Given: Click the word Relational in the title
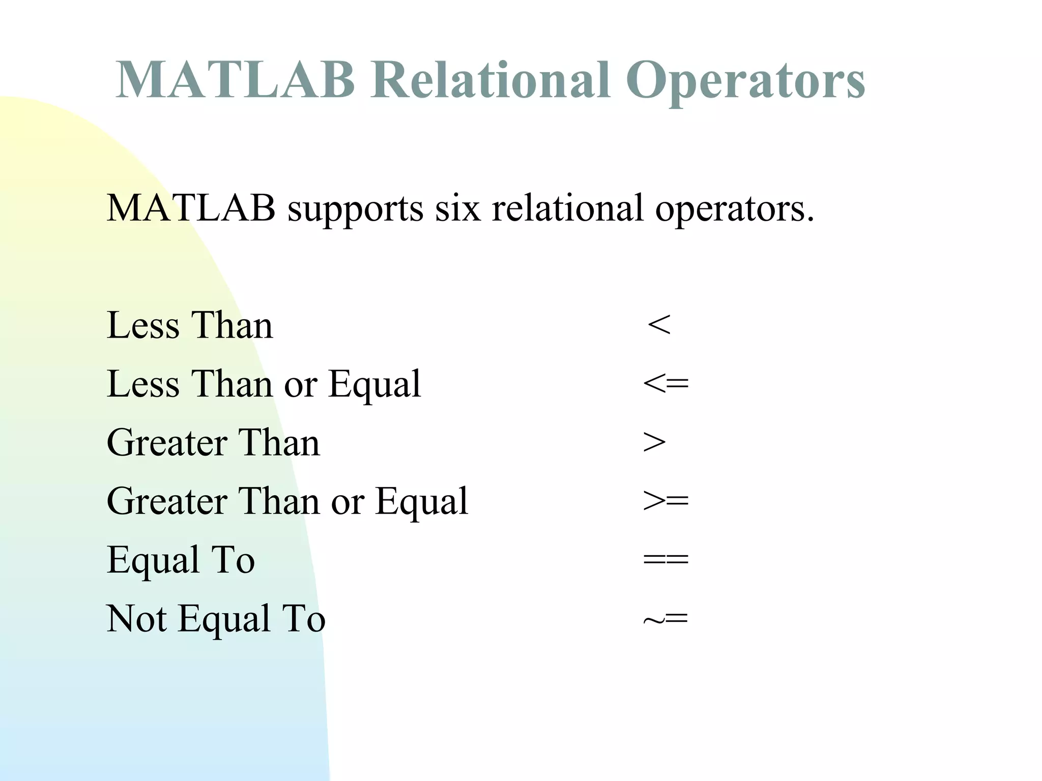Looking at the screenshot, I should coord(490,80).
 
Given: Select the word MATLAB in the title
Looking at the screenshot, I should coord(235,80).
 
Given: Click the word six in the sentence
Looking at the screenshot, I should coord(457,208).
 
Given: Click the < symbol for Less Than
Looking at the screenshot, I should coord(659,325).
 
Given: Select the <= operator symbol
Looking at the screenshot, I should coord(665,383).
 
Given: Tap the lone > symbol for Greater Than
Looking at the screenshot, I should coord(654,442).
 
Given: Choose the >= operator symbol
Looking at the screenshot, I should coord(665,501).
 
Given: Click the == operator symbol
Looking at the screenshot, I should coord(665,560).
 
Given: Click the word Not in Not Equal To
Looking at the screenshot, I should coord(136,619).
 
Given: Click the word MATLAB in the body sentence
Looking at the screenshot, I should coord(191,208).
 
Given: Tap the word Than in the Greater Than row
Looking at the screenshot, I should coord(279,442).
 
